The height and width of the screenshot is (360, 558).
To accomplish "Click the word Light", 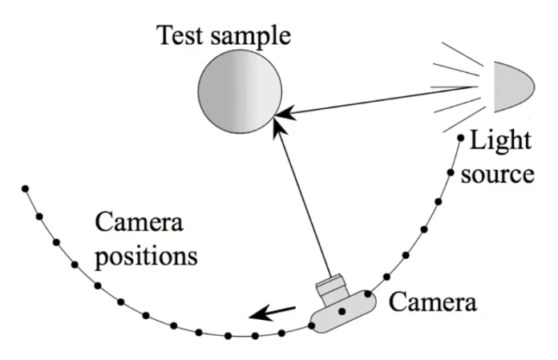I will [499, 142].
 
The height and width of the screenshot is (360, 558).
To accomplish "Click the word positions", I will [147, 257].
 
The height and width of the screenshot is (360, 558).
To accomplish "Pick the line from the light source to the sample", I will [385, 102].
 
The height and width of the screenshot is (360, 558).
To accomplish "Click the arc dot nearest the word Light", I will [460, 139].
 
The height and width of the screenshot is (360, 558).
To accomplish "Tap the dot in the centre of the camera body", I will [342, 310].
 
